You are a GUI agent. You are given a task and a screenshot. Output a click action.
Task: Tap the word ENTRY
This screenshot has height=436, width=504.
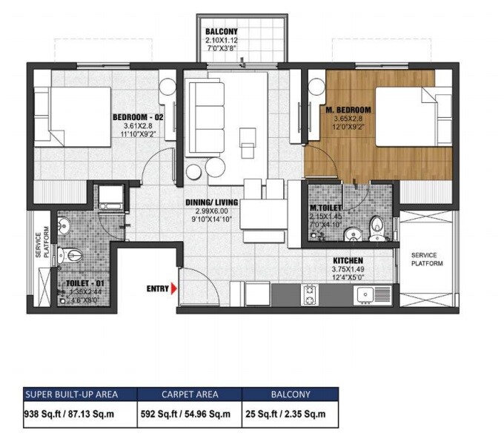(x=156, y=288)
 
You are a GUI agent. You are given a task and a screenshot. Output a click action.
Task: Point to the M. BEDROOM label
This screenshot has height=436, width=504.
(x=348, y=110)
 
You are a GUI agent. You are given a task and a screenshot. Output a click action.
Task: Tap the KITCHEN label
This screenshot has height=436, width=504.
(x=347, y=260)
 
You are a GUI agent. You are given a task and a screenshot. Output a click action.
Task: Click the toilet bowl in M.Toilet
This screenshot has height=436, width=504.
(x=377, y=225)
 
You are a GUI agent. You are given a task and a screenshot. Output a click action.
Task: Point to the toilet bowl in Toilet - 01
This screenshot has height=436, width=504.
(x=73, y=254)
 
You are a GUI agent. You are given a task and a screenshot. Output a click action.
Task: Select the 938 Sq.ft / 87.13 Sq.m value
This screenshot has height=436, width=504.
(x=72, y=413)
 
